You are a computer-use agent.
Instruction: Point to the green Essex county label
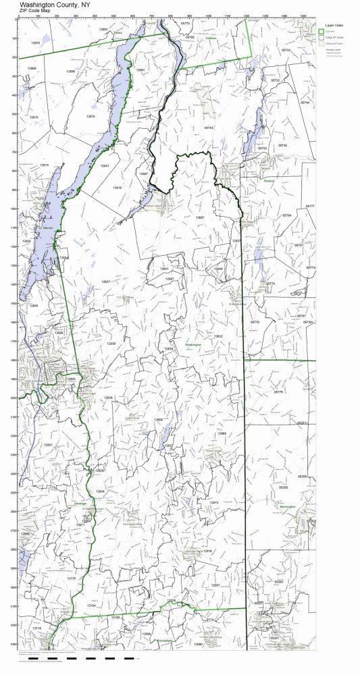click(x=118, y=31)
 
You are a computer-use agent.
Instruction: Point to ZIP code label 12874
click(x=91, y=116)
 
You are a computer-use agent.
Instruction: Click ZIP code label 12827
click(x=106, y=281)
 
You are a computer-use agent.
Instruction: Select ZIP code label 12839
click(x=111, y=344)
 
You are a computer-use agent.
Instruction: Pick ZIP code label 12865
click(x=222, y=433)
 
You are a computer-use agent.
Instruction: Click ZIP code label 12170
click(x=72, y=578)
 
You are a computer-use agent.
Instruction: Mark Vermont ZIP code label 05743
click(x=209, y=128)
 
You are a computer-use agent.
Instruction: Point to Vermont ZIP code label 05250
click(x=284, y=487)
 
